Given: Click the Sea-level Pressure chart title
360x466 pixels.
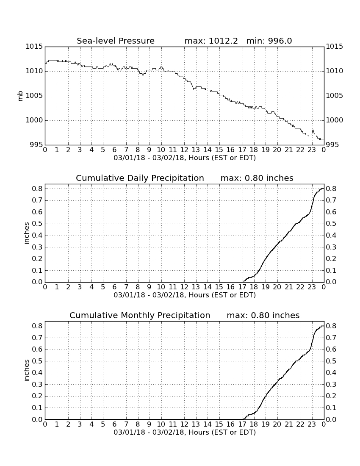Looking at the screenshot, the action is (x=116, y=41).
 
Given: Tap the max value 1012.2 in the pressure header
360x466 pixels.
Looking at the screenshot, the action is (x=223, y=41).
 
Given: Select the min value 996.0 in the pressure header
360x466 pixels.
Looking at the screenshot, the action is (x=280, y=41).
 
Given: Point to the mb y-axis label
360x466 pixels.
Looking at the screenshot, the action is (x=20, y=96).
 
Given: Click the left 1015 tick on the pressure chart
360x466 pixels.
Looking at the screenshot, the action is (x=34, y=46).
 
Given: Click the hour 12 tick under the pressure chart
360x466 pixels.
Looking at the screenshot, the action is (x=184, y=150).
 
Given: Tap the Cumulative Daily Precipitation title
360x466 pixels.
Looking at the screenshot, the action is (x=140, y=178).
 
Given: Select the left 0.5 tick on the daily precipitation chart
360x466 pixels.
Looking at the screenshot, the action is (x=38, y=224).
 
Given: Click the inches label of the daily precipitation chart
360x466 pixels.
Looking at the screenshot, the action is (x=27, y=233).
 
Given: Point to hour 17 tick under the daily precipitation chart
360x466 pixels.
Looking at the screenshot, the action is (x=242, y=287).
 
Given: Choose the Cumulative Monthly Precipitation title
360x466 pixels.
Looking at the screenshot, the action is (x=140, y=315).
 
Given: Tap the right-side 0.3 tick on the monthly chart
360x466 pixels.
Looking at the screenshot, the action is (x=331, y=384).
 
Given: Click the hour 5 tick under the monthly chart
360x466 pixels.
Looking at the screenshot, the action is (x=103, y=424).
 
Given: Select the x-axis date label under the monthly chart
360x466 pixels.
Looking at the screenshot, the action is (x=185, y=432).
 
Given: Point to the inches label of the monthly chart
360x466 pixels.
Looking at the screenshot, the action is (x=27, y=370).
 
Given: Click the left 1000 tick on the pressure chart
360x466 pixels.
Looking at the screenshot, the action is (x=34, y=120).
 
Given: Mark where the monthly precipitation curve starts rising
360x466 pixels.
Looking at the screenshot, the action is (x=243, y=419).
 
